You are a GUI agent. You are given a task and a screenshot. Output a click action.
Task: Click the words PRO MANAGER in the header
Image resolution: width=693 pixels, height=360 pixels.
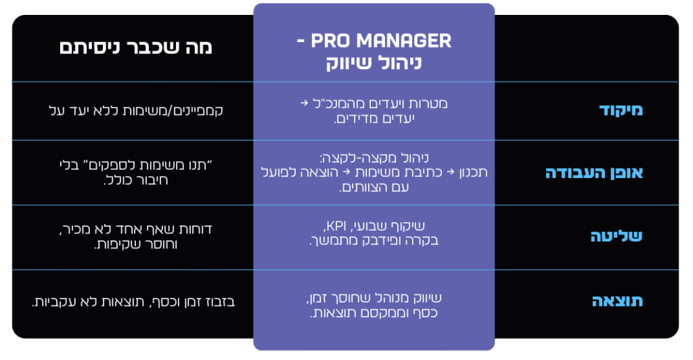coord(381,41)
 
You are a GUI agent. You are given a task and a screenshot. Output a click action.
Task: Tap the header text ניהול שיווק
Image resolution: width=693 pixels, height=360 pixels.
coord(374,64)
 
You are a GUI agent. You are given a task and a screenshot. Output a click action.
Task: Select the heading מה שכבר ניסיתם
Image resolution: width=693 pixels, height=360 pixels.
coord(135,47)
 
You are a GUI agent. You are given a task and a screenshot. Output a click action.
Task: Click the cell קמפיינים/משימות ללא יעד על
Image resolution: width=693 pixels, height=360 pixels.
coord(128,110)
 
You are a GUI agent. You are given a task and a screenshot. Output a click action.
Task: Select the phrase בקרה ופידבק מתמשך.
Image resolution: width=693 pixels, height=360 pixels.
coord(373,240)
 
